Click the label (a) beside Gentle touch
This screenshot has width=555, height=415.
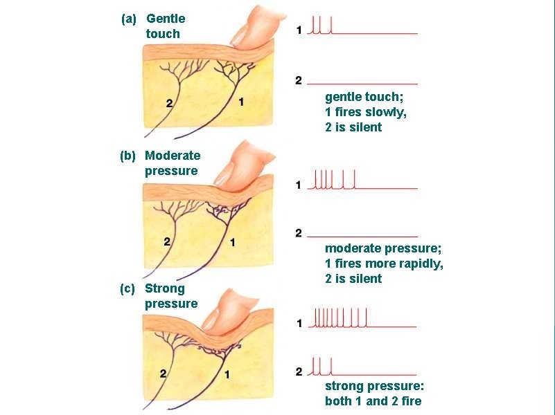129,19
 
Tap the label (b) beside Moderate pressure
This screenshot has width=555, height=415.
127,156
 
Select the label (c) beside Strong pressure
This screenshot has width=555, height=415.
127,288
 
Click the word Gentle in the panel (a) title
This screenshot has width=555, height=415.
166,19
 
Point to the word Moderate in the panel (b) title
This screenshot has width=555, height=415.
173,156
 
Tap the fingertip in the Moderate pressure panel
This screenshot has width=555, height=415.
239,166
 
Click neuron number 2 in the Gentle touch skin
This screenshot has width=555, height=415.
169,103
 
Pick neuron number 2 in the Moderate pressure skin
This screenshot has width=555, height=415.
167,241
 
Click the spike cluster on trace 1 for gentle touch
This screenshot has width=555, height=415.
320,26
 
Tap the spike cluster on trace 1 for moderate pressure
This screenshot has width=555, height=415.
334,180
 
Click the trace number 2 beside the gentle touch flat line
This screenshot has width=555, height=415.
299,81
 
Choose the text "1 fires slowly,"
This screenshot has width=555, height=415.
366,112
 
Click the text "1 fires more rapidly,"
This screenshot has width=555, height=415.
384,264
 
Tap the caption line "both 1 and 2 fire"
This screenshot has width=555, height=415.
373,401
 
